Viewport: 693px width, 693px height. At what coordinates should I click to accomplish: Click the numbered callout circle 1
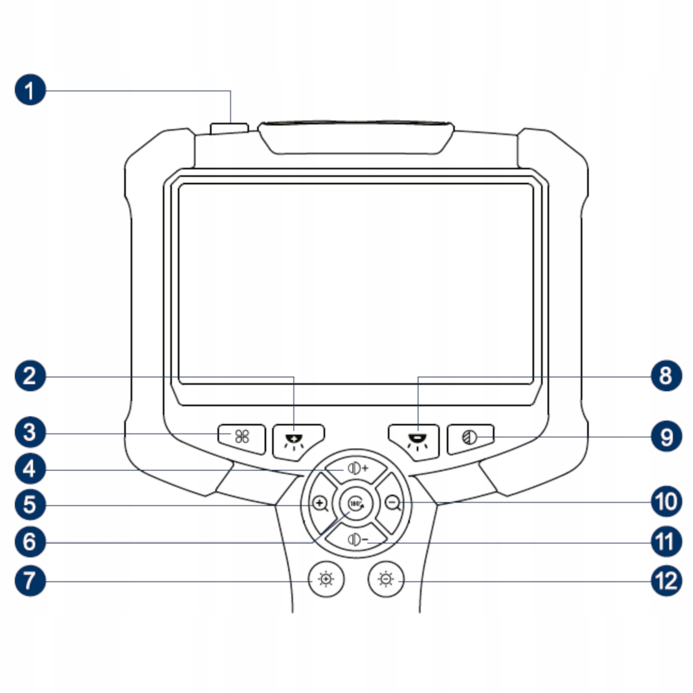pyautogui.click(x=30, y=90)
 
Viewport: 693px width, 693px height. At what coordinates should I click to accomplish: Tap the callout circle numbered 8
pyautogui.click(x=666, y=375)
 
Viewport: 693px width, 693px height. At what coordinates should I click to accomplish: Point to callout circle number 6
pyautogui.click(x=30, y=541)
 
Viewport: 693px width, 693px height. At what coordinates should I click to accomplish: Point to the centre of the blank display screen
pyautogui.click(x=356, y=284)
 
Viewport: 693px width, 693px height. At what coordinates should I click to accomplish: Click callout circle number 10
pyautogui.click(x=666, y=502)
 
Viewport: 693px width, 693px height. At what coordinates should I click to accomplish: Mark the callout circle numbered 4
pyautogui.click(x=30, y=469)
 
